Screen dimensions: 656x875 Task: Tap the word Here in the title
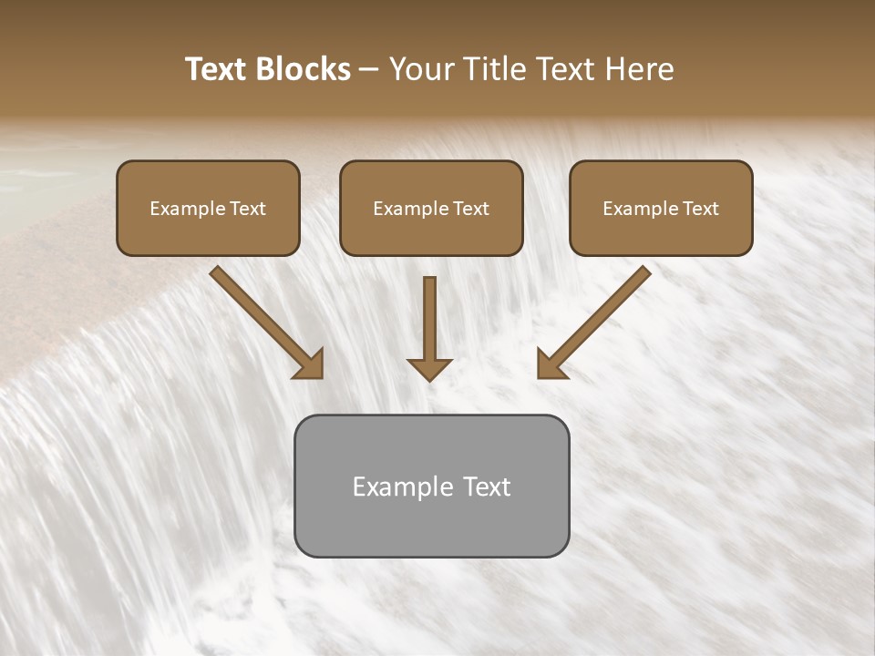(x=640, y=69)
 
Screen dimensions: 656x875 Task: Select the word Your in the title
(x=423, y=69)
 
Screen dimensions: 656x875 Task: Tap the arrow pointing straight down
(x=429, y=328)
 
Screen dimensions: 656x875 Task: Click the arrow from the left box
(x=264, y=321)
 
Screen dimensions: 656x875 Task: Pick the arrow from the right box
(x=596, y=321)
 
